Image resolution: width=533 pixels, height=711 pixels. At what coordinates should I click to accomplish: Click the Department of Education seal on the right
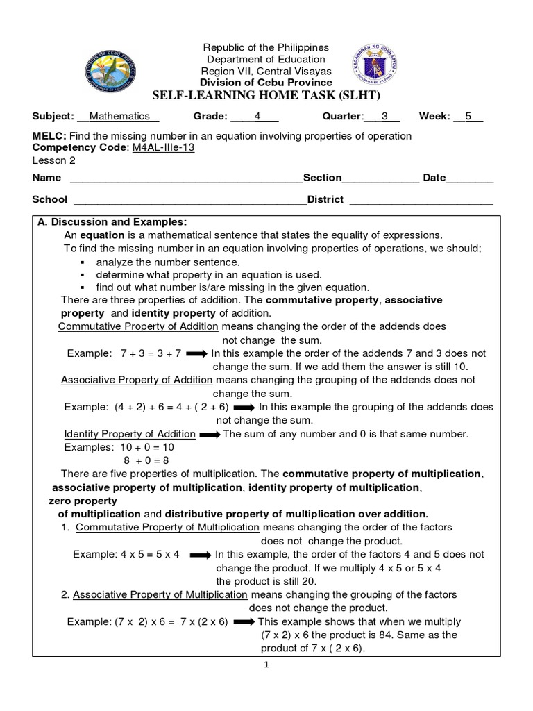375,65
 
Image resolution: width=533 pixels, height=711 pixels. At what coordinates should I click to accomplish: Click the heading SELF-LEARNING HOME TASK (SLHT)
266,94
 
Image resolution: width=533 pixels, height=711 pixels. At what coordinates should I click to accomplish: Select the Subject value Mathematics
119,117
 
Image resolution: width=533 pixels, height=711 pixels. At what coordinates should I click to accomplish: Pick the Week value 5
468,117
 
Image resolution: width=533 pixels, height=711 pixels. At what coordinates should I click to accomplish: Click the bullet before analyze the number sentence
82,262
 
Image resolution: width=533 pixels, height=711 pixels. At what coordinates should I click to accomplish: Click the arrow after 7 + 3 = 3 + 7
197,353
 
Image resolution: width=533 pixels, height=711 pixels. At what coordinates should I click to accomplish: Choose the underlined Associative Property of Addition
137,380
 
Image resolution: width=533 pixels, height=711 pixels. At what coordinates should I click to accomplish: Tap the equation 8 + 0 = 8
146,460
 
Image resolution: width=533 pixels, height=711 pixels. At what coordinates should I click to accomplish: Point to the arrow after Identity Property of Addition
210,435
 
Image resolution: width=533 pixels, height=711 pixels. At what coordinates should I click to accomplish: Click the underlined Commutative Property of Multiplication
167,527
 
